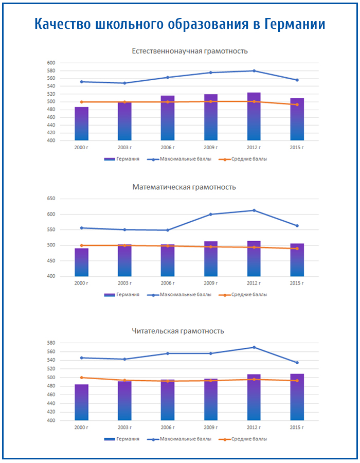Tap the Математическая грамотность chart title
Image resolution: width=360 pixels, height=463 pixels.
click(x=184, y=187)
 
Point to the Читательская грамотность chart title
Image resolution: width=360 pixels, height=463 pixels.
click(x=178, y=331)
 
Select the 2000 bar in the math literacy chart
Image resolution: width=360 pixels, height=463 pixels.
click(x=82, y=262)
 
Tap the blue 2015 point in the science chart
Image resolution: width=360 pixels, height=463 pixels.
click(x=297, y=80)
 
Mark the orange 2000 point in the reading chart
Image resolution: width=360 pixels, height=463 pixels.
click(x=82, y=378)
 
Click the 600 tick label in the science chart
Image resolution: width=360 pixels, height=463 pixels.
click(x=51, y=63)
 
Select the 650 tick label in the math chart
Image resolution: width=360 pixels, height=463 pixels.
click(x=51, y=199)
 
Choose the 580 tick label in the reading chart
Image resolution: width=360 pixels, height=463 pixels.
click(x=51, y=343)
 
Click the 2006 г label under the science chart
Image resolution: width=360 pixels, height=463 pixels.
click(x=168, y=148)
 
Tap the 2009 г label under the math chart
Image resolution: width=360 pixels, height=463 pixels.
click(x=211, y=283)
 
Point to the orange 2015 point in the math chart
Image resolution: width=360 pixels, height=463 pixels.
click(x=297, y=249)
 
